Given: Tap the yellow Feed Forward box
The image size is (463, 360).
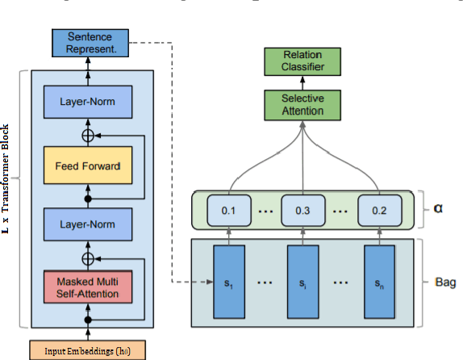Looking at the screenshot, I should click(x=88, y=166).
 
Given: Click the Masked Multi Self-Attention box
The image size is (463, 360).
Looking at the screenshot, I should click(x=88, y=287).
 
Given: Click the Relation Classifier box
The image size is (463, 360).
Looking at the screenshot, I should click(x=300, y=61).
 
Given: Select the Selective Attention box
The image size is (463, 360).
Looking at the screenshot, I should click(x=300, y=104).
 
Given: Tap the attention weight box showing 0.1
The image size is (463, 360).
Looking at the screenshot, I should click(x=229, y=210).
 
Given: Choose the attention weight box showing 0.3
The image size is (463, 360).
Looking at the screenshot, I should click(x=302, y=210).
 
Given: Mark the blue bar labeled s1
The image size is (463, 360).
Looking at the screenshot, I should click(x=229, y=283).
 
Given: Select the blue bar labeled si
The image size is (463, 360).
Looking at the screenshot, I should click(x=302, y=283).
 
